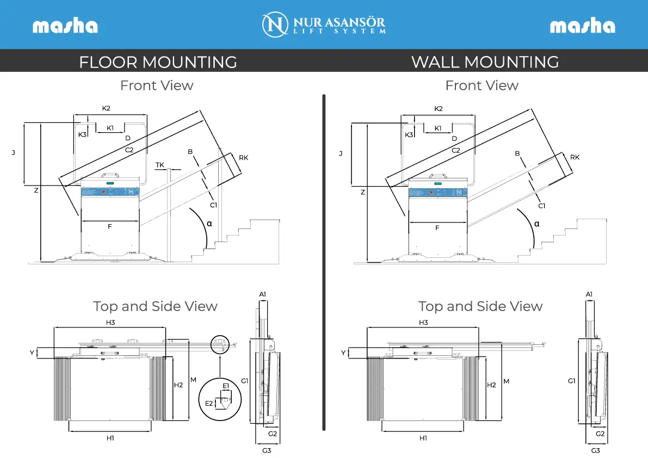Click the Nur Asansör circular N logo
pos(275,24)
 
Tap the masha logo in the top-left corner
pos(65,26)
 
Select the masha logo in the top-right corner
pos(582,26)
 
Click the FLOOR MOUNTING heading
pos(158,62)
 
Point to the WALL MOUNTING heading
pos(485,62)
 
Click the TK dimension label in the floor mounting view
pos(159,165)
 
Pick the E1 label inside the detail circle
pos(226,386)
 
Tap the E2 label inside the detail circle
pos(209,403)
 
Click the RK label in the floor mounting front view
pos(243,157)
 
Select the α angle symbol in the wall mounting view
pos(536,224)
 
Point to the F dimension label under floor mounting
pos(109,226)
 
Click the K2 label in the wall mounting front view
pos(439,109)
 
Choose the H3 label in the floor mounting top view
pos(110,322)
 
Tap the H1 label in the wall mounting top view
pos(423,438)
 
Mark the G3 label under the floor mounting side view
pos(267,450)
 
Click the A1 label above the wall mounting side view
pos(589,294)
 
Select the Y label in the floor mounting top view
pos(32,352)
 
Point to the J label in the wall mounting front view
pos(341,153)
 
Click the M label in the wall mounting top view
pos(506,381)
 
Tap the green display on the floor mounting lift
pos(110,183)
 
